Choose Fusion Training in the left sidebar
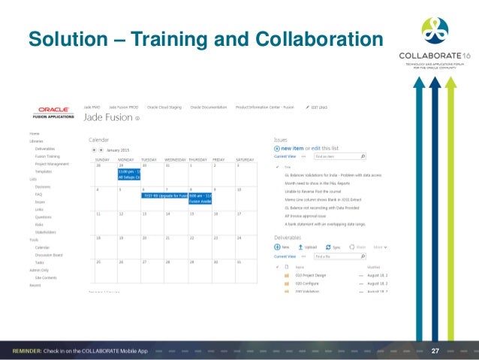tap(47, 156)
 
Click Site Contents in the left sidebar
tap(47, 278)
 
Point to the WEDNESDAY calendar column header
tap(175, 160)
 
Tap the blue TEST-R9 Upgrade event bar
tap(164, 195)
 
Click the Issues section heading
tap(281, 139)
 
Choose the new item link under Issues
tap(291, 148)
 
